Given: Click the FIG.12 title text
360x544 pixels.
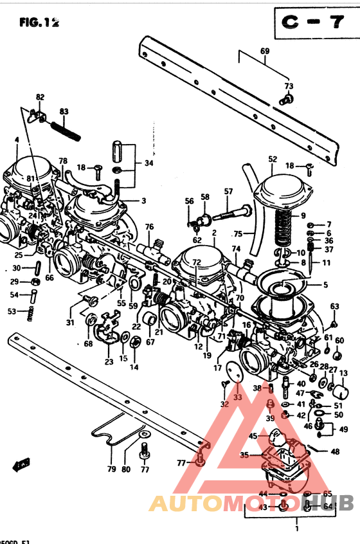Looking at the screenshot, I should [39, 23].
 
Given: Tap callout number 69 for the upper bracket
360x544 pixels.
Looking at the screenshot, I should [265, 51].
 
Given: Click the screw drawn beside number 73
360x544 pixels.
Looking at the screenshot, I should [287, 98].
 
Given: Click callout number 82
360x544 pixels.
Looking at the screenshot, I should [40, 97].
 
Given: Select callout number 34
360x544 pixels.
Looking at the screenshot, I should [148, 163].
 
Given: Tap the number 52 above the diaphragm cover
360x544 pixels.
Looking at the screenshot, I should [273, 159].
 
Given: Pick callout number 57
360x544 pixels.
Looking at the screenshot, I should [228, 191].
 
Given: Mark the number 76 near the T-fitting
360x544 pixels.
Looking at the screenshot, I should [149, 226].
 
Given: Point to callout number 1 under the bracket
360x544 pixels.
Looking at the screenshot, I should [296, 529].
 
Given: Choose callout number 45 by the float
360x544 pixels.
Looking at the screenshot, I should [253, 437].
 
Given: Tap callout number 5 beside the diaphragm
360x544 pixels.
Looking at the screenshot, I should [325, 285].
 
